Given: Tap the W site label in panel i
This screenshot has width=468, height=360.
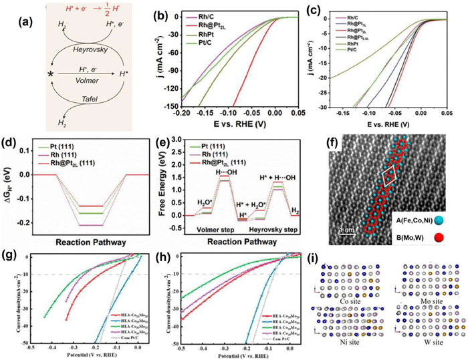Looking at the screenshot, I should click(427, 348).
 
